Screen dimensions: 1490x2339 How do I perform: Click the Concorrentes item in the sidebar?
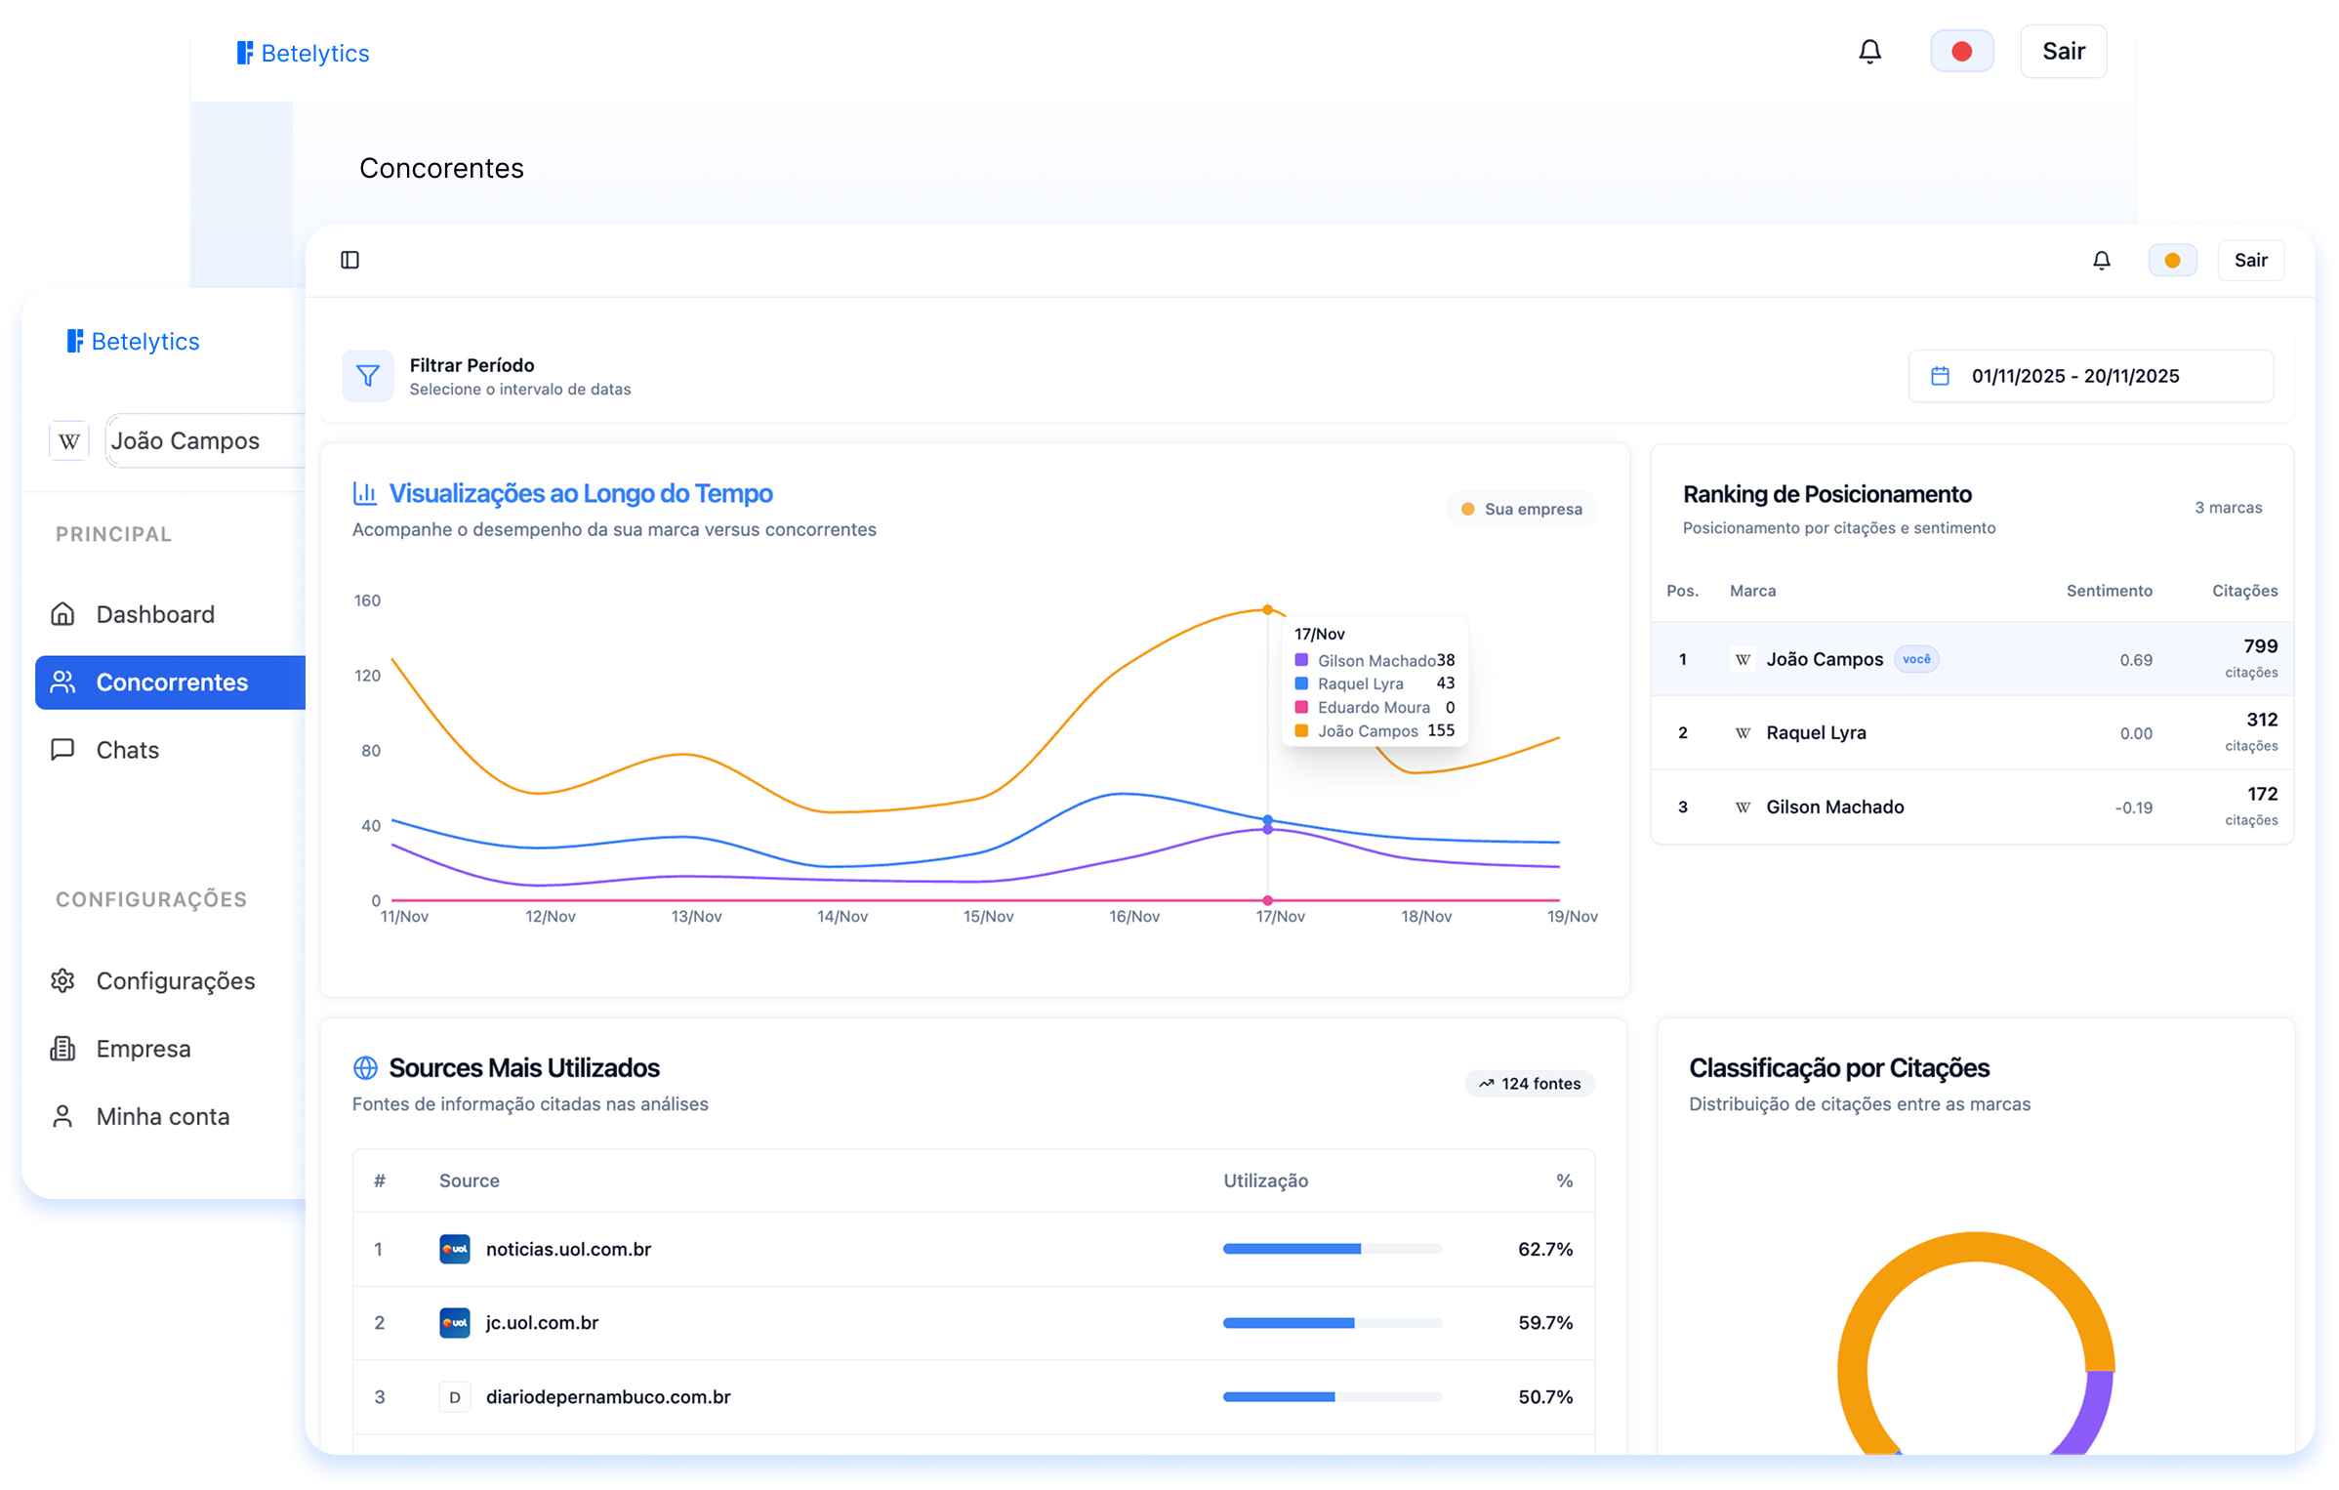(171, 683)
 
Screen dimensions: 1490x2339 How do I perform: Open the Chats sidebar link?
(127, 750)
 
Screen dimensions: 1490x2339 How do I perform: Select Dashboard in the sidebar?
(154, 614)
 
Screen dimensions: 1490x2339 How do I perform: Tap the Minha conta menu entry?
(162, 1116)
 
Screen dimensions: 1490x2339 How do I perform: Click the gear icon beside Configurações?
(62, 980)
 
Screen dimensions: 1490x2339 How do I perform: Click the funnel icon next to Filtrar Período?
(368, 376)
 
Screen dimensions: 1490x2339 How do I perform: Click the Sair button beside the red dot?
(2063, 52)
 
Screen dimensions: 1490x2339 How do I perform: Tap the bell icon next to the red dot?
(1869, 52)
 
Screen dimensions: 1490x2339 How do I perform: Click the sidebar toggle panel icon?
(349, 260)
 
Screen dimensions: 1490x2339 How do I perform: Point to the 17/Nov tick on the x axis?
(1280, 916)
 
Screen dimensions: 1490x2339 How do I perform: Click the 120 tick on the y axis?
(367, 676)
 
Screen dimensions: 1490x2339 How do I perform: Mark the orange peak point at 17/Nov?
(1267, 609)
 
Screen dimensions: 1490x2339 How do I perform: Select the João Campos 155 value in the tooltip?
(1440, 730)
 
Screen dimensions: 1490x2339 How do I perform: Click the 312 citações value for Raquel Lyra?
(2261, 721)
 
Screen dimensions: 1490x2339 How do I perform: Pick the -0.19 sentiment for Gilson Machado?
(2133, 807)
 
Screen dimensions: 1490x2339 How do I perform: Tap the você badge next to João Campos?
(1915, 659)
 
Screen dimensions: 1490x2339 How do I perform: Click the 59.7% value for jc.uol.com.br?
(1544, 1323)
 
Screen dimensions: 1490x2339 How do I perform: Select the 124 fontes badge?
(1529, 1084)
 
